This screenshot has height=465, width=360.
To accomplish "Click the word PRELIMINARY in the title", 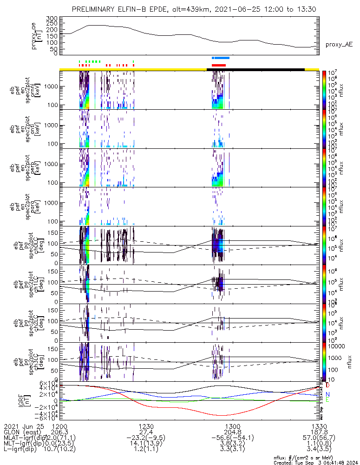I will point(93,9).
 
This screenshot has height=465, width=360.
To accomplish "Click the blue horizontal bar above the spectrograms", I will point(220,58).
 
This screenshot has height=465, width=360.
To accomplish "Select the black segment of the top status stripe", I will point(255,69).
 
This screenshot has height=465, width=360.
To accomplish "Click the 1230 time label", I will point(146,426).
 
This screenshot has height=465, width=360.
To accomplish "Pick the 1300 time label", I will point(232,426).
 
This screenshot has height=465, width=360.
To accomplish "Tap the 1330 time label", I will point(318,426).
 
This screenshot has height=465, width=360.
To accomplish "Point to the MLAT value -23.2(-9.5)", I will point(146,438).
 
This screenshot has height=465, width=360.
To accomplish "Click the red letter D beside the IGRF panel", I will point(328,385).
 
